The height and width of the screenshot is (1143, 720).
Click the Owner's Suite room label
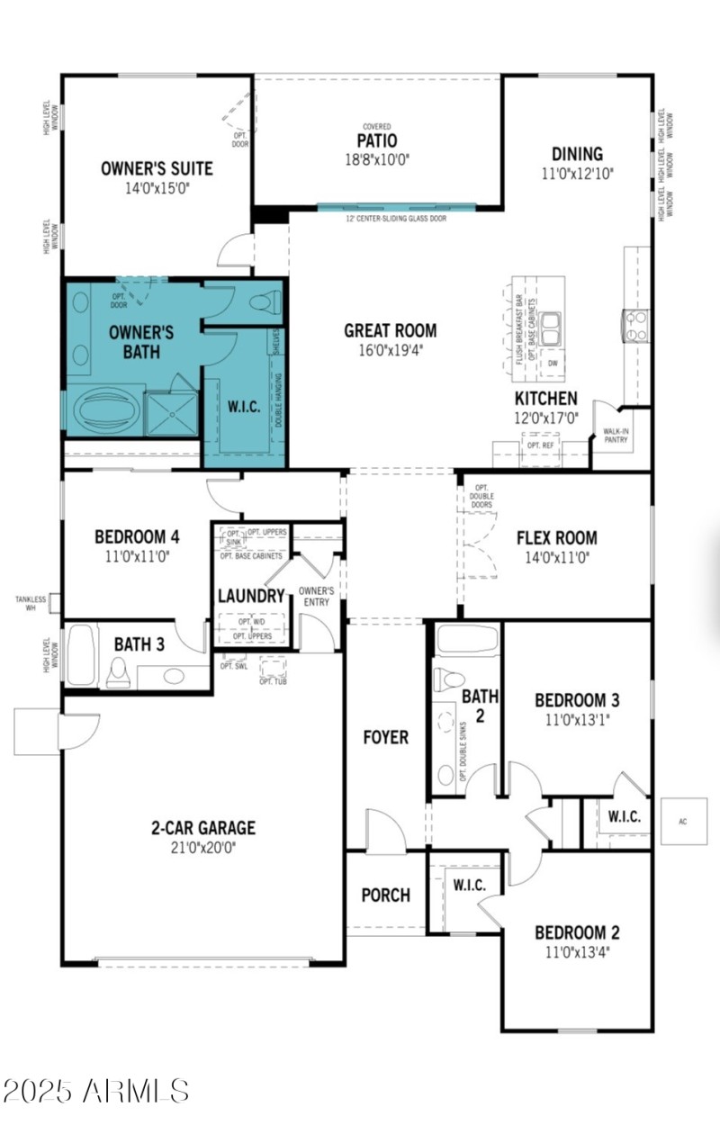(157, 167)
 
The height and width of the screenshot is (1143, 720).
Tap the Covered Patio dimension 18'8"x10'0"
(377, 158)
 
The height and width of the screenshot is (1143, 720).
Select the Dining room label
(577, 154)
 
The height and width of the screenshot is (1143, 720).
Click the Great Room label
(391, 330)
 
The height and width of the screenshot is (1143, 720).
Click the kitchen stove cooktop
(636, 325)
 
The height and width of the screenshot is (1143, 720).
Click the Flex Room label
(556, 538)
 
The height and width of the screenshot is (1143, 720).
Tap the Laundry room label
(251, 596)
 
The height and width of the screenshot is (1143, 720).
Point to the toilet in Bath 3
(117, 671)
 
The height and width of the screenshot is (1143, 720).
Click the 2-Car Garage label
(202, 828)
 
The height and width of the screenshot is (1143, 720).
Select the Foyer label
(385, 737)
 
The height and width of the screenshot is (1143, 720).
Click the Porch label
(385, 895)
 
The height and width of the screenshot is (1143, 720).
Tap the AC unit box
(683, 821)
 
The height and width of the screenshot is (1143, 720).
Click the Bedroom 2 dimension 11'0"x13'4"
(577, 951)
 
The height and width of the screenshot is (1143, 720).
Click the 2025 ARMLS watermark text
(95, 1091)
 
